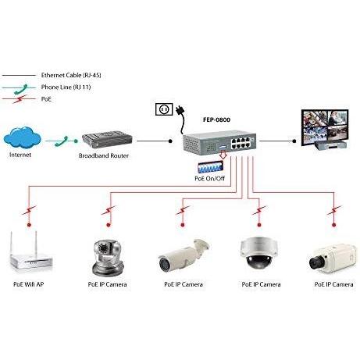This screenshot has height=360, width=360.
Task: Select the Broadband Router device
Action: click(110, 140)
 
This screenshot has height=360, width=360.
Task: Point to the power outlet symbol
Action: click(164, 109)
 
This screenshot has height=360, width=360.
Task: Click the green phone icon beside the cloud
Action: click(61, 141)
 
